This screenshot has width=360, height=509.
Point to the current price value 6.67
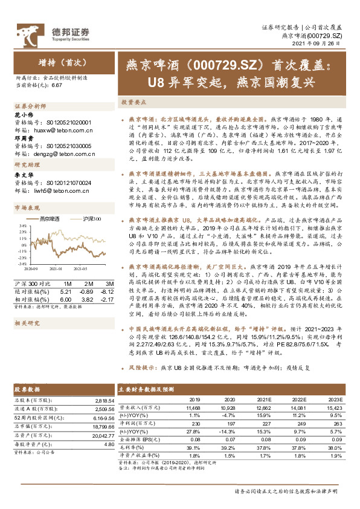click(57, 85)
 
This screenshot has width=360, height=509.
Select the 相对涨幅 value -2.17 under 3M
click(109, 282)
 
